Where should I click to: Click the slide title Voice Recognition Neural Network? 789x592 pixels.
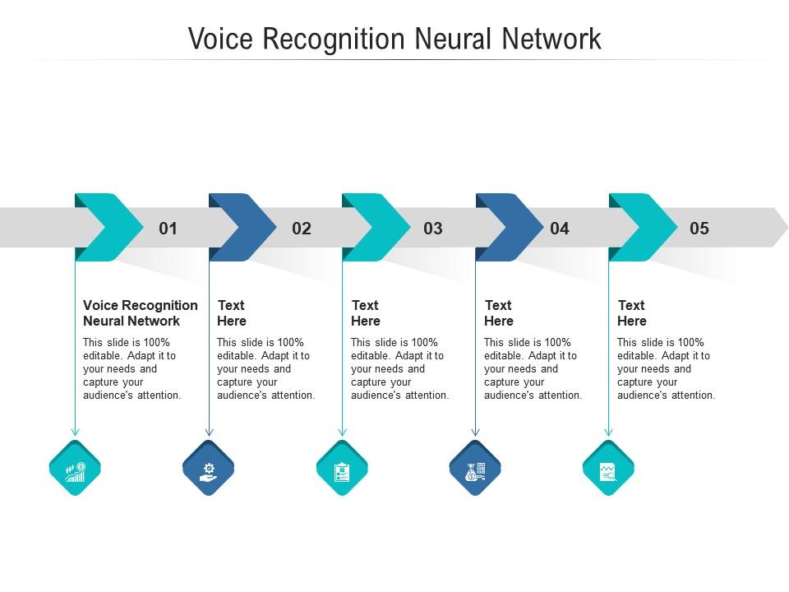point(394,39)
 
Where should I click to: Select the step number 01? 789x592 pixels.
point(168,229)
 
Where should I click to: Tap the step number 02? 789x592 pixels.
point(302,229)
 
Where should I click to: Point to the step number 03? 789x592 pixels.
point(433,229)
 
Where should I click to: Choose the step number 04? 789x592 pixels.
point(560,229)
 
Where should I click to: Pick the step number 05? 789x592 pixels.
point(699,229)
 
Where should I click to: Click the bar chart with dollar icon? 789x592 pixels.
point(75,470)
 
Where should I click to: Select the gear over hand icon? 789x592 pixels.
point(209,470)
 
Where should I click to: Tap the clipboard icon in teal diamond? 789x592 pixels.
point(342,470)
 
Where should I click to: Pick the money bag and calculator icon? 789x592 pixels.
point(475,470)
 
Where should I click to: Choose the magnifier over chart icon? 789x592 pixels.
point(608,470)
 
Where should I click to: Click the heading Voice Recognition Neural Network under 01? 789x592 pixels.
point(140,313)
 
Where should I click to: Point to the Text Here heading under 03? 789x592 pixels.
point(366,313)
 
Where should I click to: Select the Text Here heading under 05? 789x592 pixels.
point(632,313)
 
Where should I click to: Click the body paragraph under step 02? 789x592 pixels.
point(265,369)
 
